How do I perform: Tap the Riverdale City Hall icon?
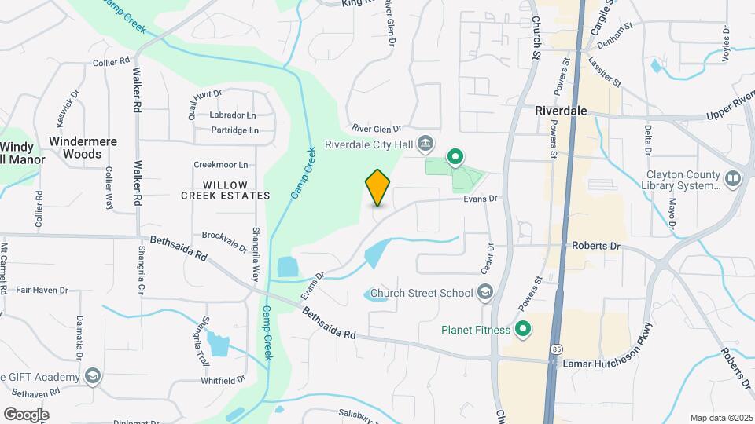(x=426, y=143)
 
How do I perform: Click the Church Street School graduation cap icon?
(x=486, y=294)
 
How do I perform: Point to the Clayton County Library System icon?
(x=733, y=179)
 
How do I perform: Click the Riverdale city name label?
(x=561, y=111)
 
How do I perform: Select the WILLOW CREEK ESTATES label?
(x=225, y=189)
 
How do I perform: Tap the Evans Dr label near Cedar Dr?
(x=481, y=199)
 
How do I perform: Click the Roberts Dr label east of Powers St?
(x=595, y=246)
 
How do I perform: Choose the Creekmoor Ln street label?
(x=221, y=165)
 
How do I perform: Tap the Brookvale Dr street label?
(x=224, y=235)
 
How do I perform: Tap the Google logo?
(x=26, y=414)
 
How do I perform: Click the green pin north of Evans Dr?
(x=455, y=158)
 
